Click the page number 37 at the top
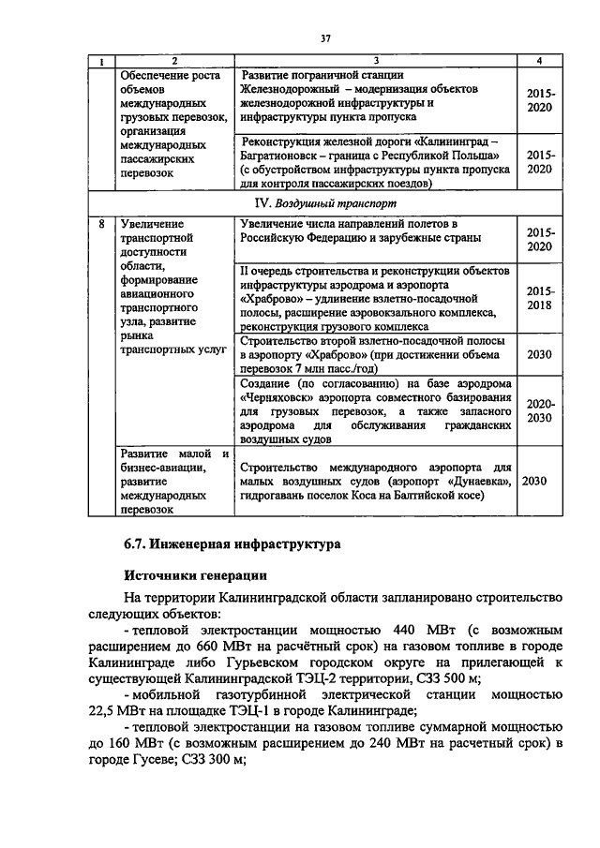click(325, 38)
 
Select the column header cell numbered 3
click(375, 61)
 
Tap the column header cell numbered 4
click(540, 61)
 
